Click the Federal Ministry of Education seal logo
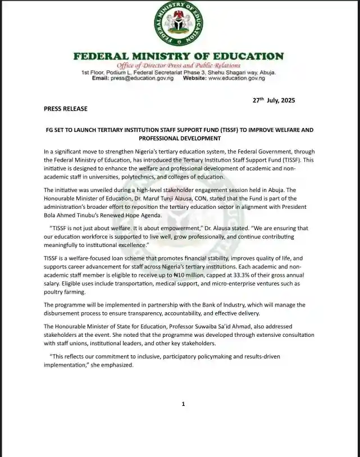[179, 25]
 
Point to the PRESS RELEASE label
[66, 108]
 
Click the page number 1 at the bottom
[183, 404]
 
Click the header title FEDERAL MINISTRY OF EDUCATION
[179, 56]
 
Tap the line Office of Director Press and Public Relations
[179, 66]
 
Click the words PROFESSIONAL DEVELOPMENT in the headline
[179, 138]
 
